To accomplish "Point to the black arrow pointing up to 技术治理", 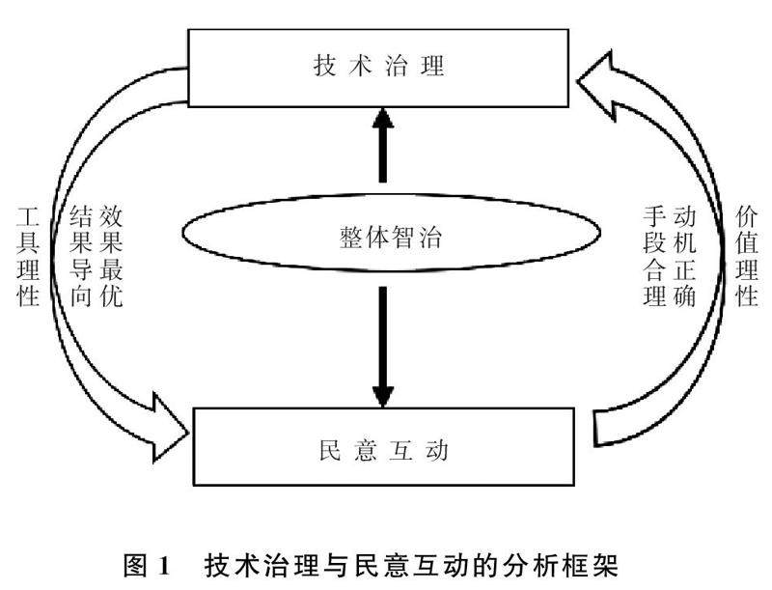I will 383,145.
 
